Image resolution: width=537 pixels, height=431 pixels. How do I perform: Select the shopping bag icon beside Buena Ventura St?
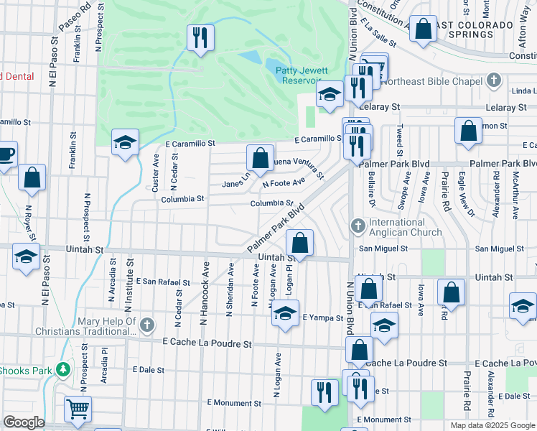click(260, 157)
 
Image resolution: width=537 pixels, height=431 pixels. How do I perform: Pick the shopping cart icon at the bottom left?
click(78, 409)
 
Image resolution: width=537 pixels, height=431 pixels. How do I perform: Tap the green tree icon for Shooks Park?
click(64, 369)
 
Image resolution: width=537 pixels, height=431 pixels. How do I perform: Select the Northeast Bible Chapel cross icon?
click(493, 80)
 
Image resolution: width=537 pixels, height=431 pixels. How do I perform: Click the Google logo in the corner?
click(24, 423)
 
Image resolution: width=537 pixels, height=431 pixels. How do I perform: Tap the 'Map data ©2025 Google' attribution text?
click(492, 425)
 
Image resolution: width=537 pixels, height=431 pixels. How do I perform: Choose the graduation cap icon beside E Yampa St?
click(285, 313)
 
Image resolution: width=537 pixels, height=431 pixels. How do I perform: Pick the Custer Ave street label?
click(156, 172)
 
